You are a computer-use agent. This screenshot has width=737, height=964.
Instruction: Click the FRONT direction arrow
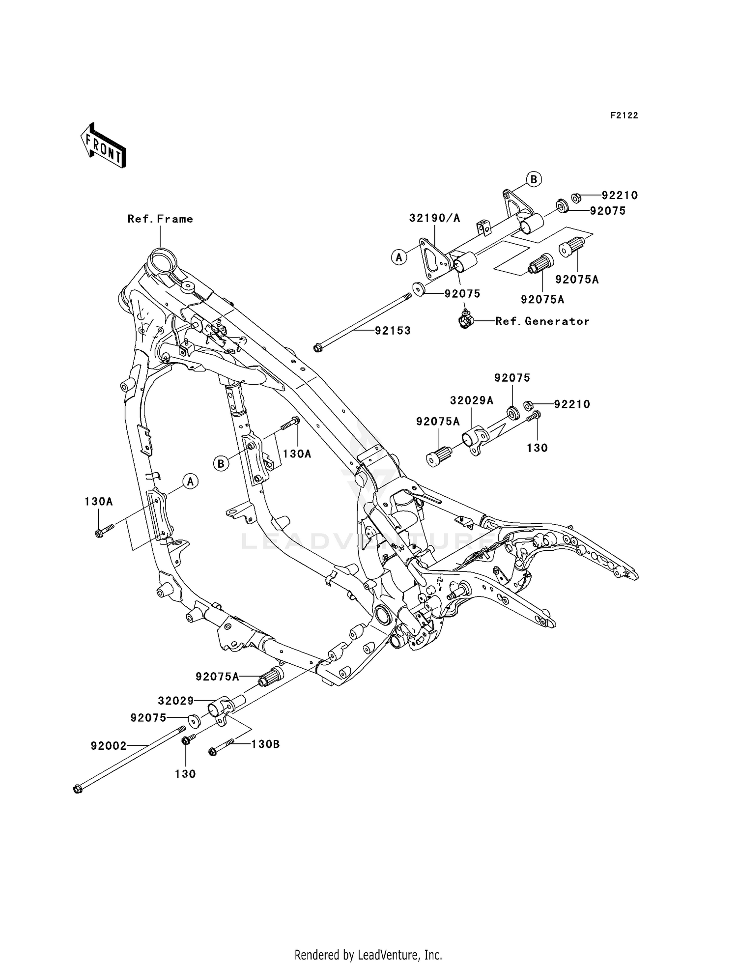click(x=103, y=146)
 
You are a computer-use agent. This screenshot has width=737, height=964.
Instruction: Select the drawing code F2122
click(x=624, y=115)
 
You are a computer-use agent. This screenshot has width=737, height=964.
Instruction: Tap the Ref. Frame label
click(x=160, y=219)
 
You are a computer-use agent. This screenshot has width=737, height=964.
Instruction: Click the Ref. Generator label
click(x=542, y=321)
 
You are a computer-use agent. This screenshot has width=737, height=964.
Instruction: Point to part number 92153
click(x=393, y=331)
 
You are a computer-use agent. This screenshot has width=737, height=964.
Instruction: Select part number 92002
click(x=108, y=746)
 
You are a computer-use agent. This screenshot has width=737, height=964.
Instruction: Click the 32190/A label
click(x=434, y=218)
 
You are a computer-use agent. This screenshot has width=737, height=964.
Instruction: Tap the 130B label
click(x=265, y=744)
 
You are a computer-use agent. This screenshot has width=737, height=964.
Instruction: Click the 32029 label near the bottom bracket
click(x=175, y=700)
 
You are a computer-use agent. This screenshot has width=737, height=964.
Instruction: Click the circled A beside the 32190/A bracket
click(x=399, y=256)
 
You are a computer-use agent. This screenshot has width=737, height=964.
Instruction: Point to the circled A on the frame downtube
click(x=191, y=482)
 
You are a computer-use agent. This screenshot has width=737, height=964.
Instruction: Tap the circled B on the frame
click(x=221, y=463)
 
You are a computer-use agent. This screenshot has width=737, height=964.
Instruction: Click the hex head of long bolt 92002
click(x=77, y=790)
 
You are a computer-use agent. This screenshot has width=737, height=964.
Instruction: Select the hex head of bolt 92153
click(x=317, y=348)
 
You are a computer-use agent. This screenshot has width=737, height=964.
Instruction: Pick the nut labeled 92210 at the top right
click(x=577, y=198)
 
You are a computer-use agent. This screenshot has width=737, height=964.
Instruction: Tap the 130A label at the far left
click(x=98, y=502)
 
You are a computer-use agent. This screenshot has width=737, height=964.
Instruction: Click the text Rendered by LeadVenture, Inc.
click(x=368, y=955)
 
